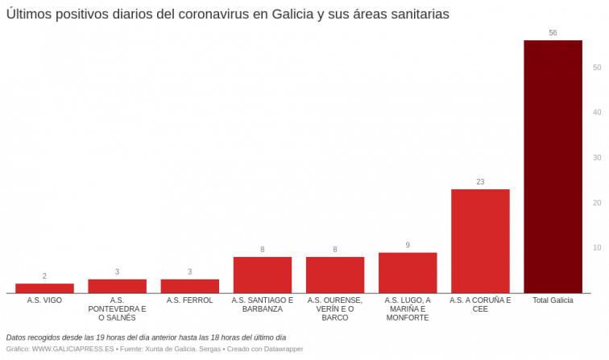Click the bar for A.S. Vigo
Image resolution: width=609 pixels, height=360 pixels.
44,288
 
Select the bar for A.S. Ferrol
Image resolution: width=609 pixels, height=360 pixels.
189,285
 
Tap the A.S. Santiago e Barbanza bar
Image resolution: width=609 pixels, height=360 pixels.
263,275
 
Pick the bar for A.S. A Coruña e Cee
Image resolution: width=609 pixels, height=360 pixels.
480,241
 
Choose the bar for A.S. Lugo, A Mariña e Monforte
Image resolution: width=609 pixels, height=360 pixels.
408,272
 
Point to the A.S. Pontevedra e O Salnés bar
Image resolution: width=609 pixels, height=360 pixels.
117,285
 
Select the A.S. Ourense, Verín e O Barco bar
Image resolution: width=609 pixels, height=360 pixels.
335,275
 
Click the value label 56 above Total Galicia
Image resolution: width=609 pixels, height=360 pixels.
553,32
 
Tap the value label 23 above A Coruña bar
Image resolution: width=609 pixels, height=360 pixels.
480,181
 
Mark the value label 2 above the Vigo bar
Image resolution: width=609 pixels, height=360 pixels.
44,275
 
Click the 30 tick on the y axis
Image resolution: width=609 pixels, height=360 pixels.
597,157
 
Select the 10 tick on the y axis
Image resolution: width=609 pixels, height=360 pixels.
597,247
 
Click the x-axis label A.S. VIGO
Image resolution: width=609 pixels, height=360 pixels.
44,300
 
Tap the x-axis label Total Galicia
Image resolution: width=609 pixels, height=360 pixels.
553,300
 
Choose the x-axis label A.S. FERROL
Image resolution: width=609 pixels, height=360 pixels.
189,300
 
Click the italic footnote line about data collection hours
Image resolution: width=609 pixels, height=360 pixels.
146,337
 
